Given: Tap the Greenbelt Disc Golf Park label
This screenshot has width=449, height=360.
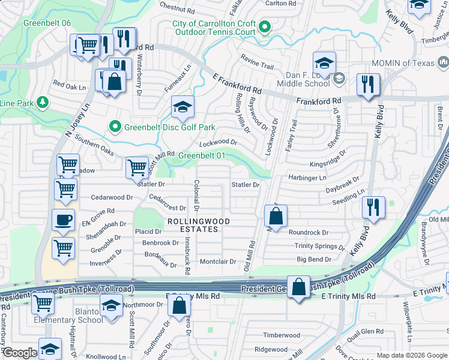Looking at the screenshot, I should (169, 127).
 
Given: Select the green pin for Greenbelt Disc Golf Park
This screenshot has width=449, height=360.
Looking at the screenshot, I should (115, 127).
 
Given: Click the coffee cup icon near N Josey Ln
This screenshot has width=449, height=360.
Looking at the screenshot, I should (63, 219).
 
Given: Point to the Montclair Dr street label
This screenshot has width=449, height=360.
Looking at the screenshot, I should (218, 262).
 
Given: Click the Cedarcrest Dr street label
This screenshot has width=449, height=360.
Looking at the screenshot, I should (167, 208).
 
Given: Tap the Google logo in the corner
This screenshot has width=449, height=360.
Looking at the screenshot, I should (20, 353).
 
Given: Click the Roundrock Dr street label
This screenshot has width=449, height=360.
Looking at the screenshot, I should (309, 232).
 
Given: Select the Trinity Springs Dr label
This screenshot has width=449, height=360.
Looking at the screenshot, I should (320, 246).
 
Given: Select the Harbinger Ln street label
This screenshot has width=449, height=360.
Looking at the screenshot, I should (307, 178).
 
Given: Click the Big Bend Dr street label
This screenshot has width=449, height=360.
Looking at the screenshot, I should (314, 259).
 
